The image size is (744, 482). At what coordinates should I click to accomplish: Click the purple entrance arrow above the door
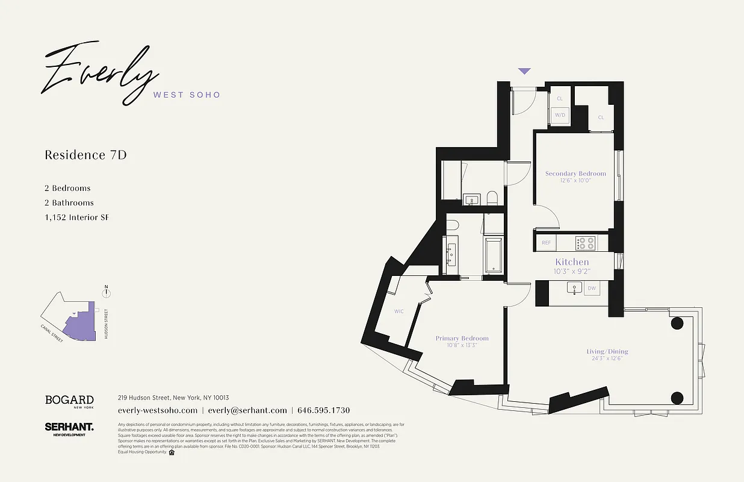[524, 71]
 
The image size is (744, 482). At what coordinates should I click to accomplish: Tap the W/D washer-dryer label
[560, 114]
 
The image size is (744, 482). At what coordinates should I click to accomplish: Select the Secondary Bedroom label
[575, 174]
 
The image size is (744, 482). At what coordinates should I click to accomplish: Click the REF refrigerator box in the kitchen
[546, 243]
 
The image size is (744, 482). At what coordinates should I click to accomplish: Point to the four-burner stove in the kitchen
[585, 243]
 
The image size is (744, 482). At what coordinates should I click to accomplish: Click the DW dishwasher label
[592, 289]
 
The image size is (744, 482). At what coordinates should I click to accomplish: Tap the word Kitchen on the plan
[572, 262]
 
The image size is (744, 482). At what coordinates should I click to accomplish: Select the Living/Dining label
[607, 351]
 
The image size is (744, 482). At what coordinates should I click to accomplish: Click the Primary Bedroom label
[462, 339]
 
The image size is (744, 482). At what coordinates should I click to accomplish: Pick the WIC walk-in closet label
[398, 311]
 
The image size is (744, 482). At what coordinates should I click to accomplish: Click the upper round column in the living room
[677, 323]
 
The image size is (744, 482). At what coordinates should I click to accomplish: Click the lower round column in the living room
[677, 398]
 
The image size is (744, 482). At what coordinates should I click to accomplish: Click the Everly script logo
[99, 72]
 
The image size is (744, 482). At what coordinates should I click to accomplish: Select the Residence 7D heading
[85, 155]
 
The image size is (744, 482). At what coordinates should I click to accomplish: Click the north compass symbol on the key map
[107, 293]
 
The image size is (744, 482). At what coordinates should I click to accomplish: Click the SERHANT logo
[69, 427]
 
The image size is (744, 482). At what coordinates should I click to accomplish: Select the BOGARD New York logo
[69, 401]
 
